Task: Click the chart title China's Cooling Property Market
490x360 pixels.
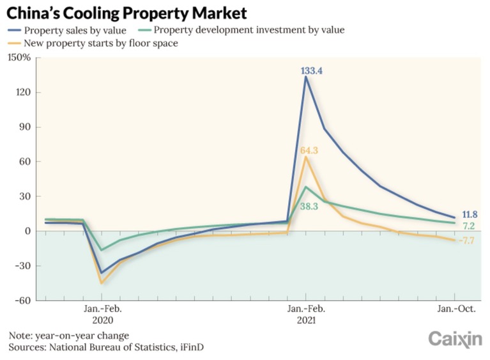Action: point(127,12)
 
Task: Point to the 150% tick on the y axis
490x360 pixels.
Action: point(19,58)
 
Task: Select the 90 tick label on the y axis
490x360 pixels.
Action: point(24,127)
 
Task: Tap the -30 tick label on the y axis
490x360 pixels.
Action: point(22,266)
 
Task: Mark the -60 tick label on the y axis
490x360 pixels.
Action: point(22,301)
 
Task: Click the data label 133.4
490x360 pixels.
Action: point(312,71)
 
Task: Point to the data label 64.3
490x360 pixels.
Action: point(309,150)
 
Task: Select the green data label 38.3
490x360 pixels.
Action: point(309,206)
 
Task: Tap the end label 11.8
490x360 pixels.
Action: point(470,214)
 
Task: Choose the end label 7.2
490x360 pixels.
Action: point(468,226)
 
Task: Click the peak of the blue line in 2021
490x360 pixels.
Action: point(306,77)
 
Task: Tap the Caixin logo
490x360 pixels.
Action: point(455,339)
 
